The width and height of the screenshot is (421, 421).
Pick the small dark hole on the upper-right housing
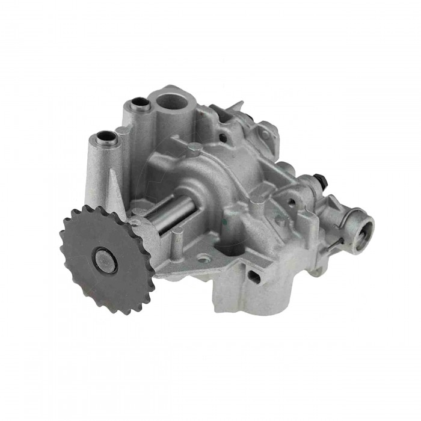pos(223,138)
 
